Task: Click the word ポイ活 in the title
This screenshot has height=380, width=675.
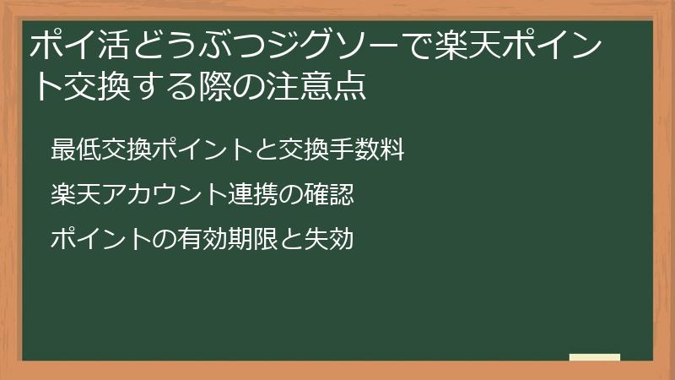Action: pyautogui.click(x=83, y=46)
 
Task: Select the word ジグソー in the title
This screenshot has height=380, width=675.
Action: pyautogui.click(x=342, y=46)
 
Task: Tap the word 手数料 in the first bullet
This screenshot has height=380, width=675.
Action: pyautogui.click(x=367, y=150)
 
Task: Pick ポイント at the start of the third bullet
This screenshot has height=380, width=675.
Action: pyautogui.click(x=100, y=240)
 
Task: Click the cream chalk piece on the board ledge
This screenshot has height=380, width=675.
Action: pyautogui.click(x=594, y=357)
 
